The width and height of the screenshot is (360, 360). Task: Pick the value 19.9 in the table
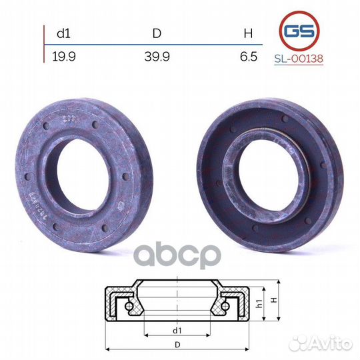coord(63,57)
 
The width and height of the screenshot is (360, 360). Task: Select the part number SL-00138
coord(298,59)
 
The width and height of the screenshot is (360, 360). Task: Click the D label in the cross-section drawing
coord(176,344)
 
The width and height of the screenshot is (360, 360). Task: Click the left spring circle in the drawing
coord(126,306)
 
